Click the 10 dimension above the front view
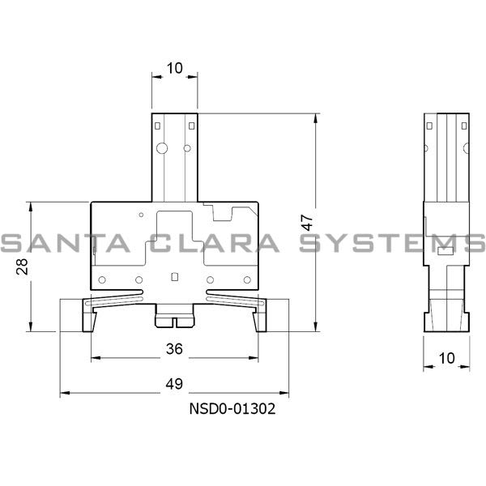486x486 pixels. pos(174,69)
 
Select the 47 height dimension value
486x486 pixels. pos(306,222)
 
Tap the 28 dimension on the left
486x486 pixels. pos(23,266)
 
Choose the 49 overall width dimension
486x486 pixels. pos(173,383)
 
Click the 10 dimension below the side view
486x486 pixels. pos(446,356)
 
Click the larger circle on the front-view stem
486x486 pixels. pos(162,147)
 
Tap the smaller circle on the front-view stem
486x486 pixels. pos(187,147)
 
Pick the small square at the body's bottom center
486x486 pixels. pos(175,276)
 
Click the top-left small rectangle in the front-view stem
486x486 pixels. pos(159,125)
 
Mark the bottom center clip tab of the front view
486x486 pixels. pos(174,319)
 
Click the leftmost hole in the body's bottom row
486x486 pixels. pos(102,281)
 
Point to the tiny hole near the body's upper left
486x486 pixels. pos(142,215)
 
